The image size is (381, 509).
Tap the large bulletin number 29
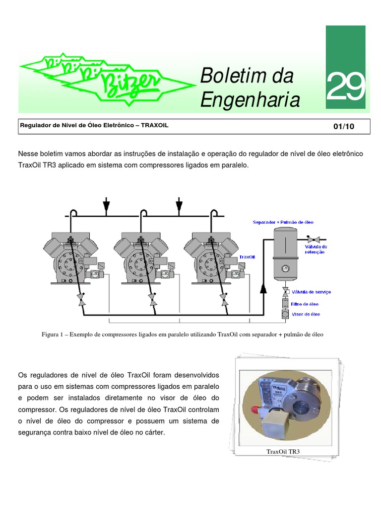[x=345, y=86]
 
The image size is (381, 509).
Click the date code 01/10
[x=344, y=126]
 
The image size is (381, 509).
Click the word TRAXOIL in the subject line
[x=155, y=126]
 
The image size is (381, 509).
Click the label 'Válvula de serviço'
[x=312, y=292]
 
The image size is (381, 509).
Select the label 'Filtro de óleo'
[x=306, y=304]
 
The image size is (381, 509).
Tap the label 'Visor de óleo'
[x=306, y=314]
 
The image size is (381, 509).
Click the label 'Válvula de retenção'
[x=316, y=249]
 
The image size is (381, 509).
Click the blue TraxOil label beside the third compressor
[x=247, y=257]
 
